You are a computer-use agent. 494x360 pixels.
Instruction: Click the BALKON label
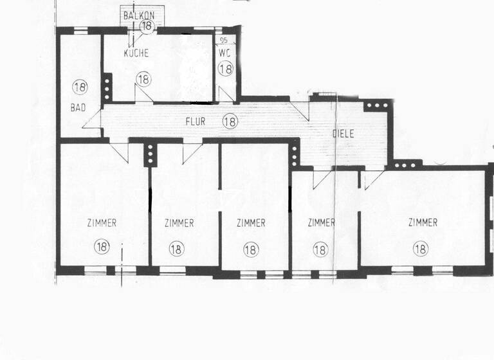[140, 15]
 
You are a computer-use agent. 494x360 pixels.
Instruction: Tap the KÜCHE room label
[136, 53]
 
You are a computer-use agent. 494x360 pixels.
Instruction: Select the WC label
[223, 53]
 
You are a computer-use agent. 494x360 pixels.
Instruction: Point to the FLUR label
[196, 120]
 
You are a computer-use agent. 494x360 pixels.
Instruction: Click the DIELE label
[343, 134]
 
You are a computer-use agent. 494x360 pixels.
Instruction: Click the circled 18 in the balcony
[147, 26]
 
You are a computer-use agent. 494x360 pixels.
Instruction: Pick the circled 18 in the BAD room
[80, 87]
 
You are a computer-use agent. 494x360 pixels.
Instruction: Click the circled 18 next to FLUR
[230, 120]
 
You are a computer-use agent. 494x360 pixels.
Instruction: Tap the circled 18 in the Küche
[143, 79]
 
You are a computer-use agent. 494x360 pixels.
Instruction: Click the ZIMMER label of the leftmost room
[102, 224]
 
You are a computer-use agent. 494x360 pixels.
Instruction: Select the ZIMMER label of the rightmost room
[423, 223]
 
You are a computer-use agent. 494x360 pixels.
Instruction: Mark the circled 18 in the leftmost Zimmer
[102, 245]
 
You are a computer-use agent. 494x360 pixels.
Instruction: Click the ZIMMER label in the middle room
[251, 224]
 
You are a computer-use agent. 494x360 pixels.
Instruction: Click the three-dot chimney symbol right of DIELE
[373, 105]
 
